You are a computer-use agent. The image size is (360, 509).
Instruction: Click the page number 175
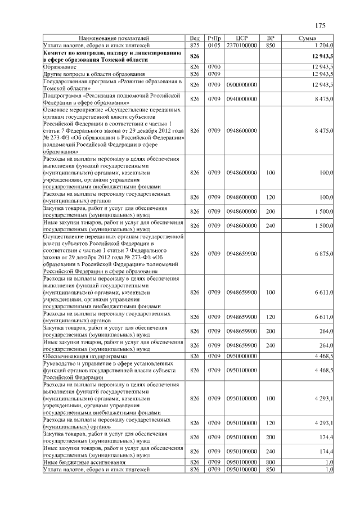point(321,25)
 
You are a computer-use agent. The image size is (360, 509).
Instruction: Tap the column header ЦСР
point(241,38)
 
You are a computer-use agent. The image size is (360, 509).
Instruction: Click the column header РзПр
point(214,38)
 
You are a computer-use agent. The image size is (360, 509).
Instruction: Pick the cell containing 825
point(195,44)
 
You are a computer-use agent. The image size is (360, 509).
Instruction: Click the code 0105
point(214,44)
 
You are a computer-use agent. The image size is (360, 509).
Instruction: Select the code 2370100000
point(241,44)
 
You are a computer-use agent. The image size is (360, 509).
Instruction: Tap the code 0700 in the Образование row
point(214,67)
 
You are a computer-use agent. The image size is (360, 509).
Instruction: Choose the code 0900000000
point(241,85)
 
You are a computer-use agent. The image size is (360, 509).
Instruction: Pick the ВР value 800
point(270,462)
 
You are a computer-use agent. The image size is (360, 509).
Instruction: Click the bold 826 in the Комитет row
point(195,56)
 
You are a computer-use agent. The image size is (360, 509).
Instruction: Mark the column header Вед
point(195,38)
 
